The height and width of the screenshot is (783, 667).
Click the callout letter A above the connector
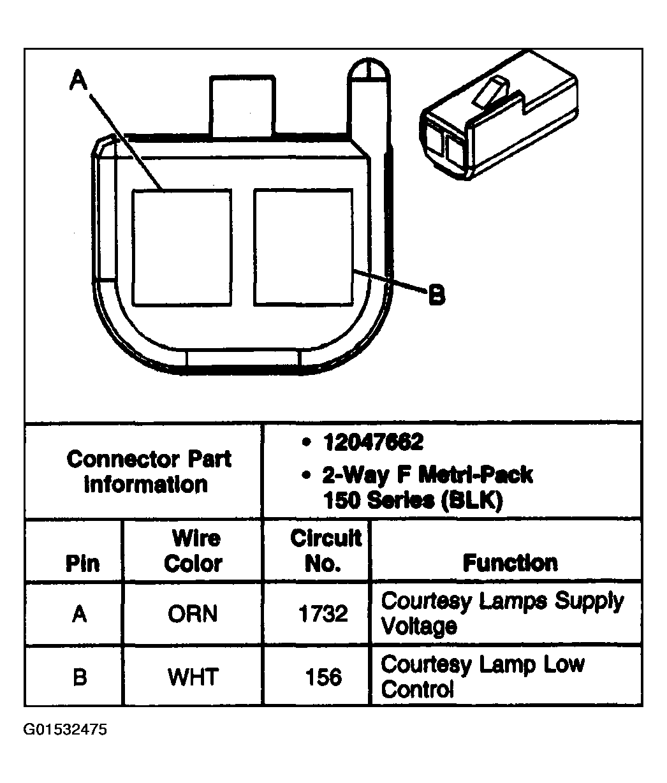tap(78, 80)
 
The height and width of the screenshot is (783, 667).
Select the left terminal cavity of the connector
tap(182, 247)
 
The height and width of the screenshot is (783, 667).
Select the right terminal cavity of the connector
tap(304, 247)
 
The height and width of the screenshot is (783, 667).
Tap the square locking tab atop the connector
tap(242, 105)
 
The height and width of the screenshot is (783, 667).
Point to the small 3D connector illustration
tap(499, 115)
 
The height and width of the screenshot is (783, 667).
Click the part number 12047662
tap(372, 442)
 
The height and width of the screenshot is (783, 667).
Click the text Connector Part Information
tap(149, 472)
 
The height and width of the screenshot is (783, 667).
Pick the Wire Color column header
tap(193, 551)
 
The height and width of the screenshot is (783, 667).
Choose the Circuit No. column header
tap(326, 550)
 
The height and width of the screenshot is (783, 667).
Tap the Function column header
tap(510, 562)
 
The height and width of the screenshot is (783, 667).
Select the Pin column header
tap(82, 563)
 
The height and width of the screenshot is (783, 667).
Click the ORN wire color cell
tap(193, 613)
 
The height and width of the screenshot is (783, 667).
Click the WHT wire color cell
tap(193, 677)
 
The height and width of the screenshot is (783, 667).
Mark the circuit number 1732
tap(323, 613)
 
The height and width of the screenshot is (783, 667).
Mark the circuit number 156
tap(323, 677)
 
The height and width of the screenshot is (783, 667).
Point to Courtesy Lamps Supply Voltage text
tap(502, 613)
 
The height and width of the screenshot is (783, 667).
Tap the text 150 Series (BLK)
tap(413, 501)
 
